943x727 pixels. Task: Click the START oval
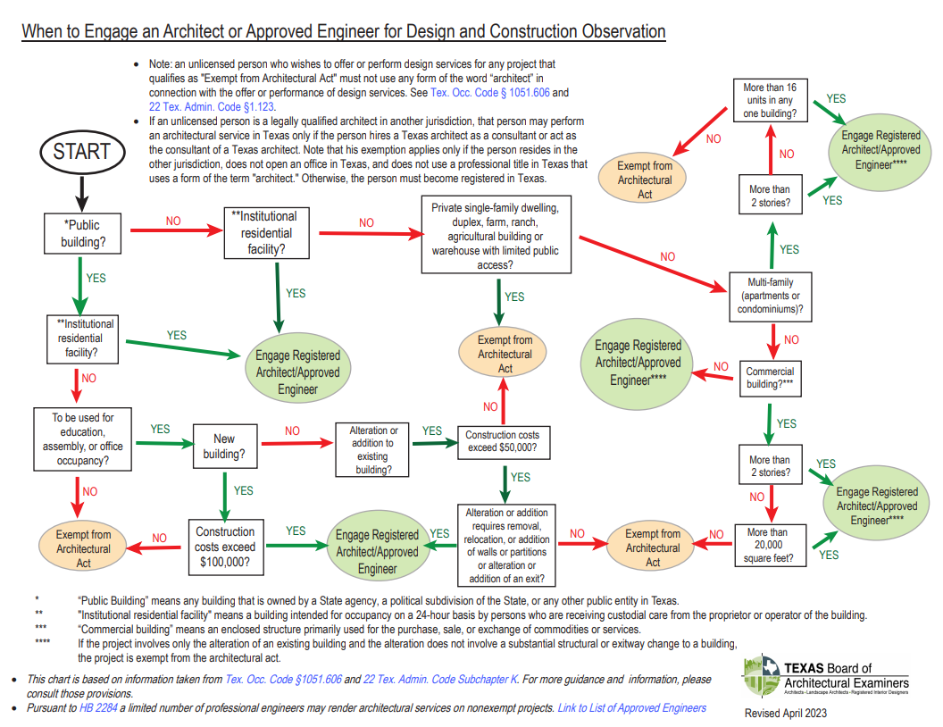pos(81,151)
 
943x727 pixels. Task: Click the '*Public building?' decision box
pos(81,233)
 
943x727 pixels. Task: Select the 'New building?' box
pos(224,446)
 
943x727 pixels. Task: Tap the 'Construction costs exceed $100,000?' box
pos(225,547)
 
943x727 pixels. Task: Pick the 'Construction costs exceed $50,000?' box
pos(503,441)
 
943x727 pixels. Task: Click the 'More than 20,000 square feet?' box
pos(769,545)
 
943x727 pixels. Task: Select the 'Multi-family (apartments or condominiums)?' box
pos(769,297)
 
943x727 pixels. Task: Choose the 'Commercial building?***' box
pos(769,378)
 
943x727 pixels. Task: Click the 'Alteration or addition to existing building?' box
pos(373,449)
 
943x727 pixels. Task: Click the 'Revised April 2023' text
pos(786,713)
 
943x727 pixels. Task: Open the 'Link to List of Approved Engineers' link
pos(631,707)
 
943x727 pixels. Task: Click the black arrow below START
pos(81,190)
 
